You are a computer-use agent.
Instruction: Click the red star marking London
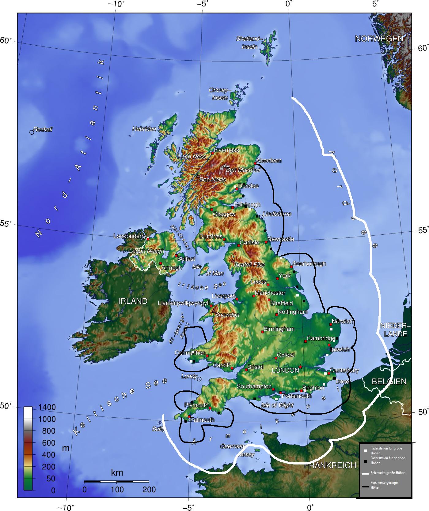pyautogui.click(x=300, y=367)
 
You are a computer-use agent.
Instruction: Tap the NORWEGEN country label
pyautogui.click(x=379, y=39)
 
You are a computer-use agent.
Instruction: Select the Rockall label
pyautogui.click(x=43, y=129)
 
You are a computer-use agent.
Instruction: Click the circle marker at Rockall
pyautogui.click(x=32, y=132)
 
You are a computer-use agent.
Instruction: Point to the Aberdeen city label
pyautogui.click(x=269, y=160)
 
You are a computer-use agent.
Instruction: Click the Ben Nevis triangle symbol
pyautogui.click(x=198, y=176)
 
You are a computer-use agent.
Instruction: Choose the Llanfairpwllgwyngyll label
pyautogui.click(x=184, y=303)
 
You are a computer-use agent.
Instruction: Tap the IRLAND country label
pyautogui.click(x=133, y=301)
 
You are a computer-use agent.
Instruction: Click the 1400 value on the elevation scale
pyautogui.click(x=47, y=407)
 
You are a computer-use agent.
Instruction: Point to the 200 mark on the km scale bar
pyautogui.click(x=149, y=490)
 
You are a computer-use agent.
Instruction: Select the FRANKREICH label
pyautogui.click(x=330, y=465)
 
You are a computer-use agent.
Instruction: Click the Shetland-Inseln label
pyautogui.click(x=249, y=43)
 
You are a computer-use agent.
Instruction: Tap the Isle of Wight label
pyautogui.click(x=277, y=405)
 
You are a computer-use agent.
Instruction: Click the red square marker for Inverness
pyautogui.click(x=213, y=153)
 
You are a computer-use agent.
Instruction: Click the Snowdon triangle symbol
pyautogui.click(x=213, y=311)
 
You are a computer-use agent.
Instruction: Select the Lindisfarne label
pyautogui.click(x=277, y=214)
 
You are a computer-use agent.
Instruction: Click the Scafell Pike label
pyautogui.click(x=249, y=265)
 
